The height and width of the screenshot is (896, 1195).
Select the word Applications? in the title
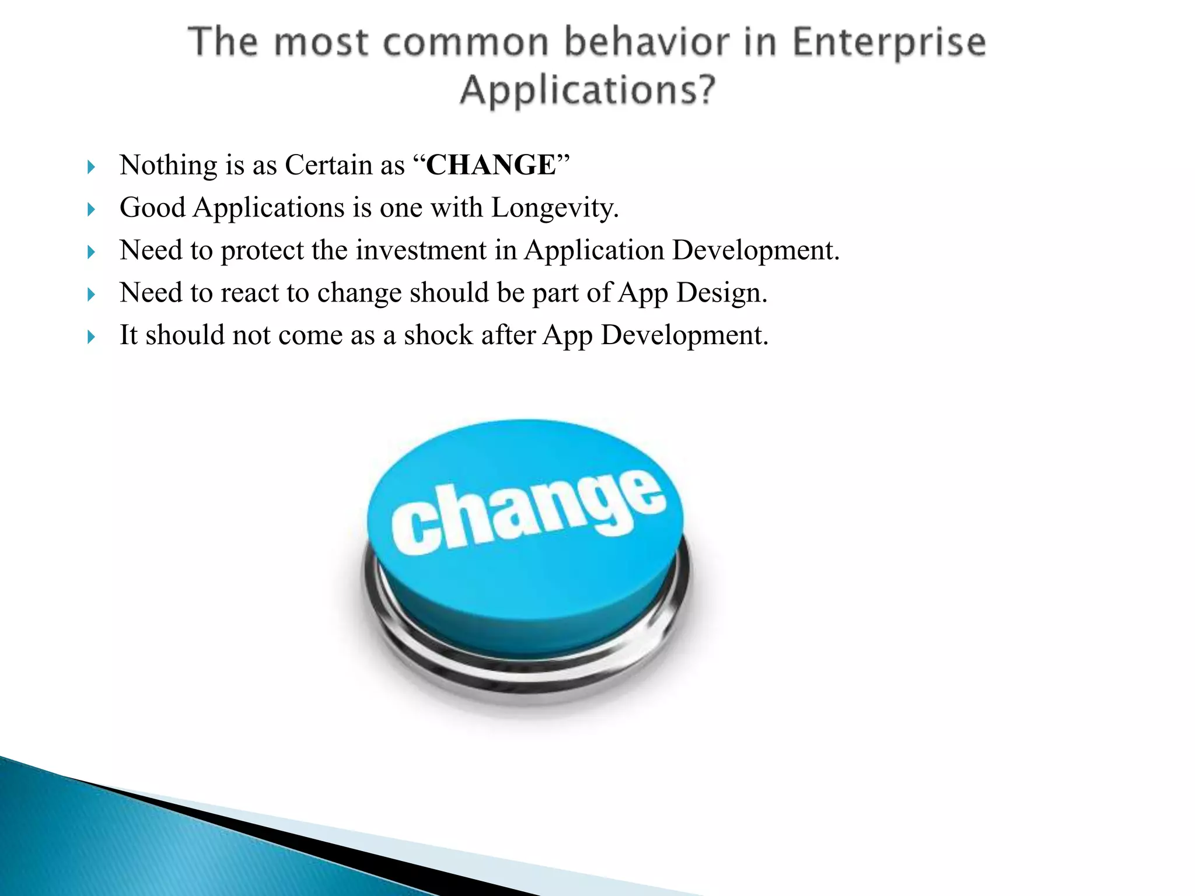[588, 91]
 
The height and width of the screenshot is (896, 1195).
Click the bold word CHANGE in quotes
[491, 165]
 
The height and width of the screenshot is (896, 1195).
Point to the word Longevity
[554, 208]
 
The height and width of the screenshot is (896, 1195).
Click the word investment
[421, 251]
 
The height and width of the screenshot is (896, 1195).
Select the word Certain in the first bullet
[328, 165]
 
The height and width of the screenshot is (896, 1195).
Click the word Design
[721, 293]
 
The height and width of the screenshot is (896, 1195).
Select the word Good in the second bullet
[152, 208]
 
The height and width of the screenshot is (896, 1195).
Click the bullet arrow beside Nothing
[90, 167]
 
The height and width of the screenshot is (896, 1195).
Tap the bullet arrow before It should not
[90, 337]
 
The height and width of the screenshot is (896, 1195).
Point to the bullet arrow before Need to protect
[90, 253]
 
